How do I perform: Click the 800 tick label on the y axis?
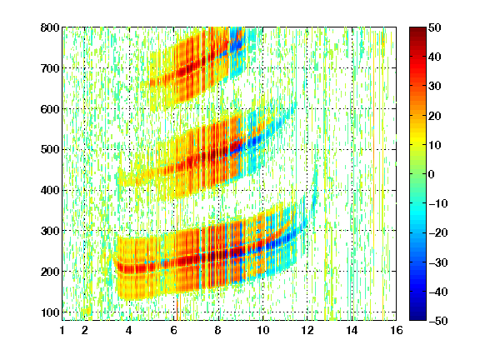(50, 27)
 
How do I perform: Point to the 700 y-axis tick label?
(50, 68)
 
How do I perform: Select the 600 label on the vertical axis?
(50, 109)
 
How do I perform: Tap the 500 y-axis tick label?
(50, 150)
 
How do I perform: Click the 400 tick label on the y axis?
(50, 190)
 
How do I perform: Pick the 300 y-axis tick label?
(50, 231)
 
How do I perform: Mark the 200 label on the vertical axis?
(50, 272)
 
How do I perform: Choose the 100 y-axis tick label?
(50, 312)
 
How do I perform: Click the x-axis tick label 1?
(62, 330)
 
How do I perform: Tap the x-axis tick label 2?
(85, 330)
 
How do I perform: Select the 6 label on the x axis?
(174, 330)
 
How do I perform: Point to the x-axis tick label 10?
(263, 330)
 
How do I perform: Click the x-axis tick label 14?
(352, 330)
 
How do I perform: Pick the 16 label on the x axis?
(397, 330)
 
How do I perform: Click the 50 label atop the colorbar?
(435, 27)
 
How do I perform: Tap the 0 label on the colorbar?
(432, 174)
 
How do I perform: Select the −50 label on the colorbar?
(438, 321)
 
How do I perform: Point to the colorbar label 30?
(435, 87)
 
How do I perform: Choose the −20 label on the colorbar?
(438, 232)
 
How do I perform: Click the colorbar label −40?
(438, 292)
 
